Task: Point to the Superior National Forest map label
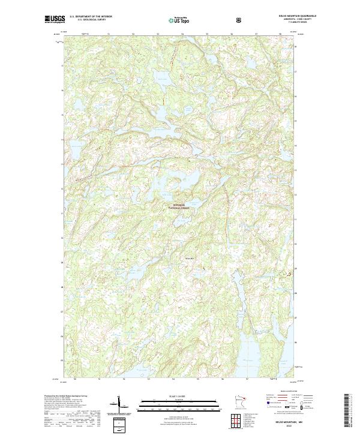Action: pyautogui.click(x=180, y=206)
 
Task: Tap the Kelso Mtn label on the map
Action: pyautogui.click(x=189, y=259)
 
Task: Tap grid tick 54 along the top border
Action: pyautogui.click(x=182, y=34)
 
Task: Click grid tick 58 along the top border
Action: pyautogui.click(x=280, y=34)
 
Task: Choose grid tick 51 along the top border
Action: pyautogui.click(x=108, y=34)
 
